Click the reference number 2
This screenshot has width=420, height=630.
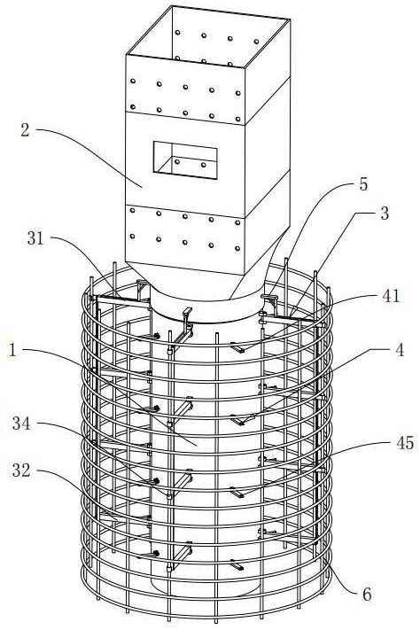pos(25,130)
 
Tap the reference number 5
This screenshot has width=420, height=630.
pos(363,184)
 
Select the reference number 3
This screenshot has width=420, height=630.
pos(385,214)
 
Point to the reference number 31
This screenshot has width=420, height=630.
pos(35,238)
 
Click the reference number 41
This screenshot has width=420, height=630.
pos(391,296)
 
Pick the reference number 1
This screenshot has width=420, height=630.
pos(13,350)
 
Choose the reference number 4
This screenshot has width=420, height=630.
pos(399,350)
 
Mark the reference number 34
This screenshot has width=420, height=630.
pos(21,423)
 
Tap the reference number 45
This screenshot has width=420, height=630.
pos(404,443)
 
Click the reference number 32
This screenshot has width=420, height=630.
pos(21,471)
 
